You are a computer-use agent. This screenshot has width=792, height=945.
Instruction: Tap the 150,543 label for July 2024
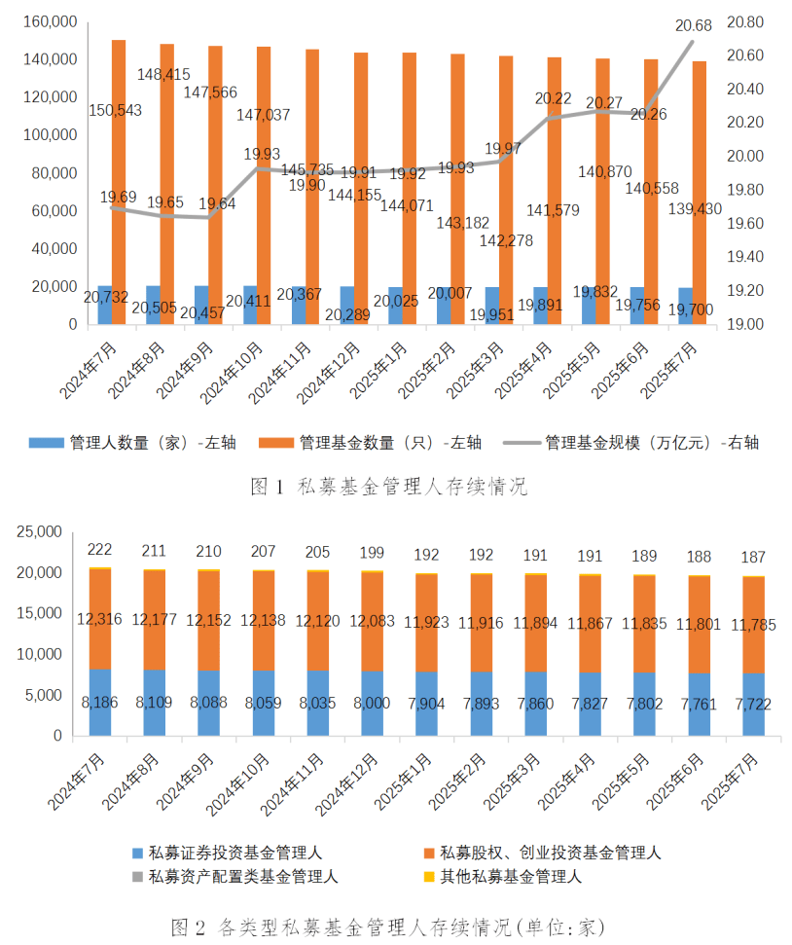pos(114,110)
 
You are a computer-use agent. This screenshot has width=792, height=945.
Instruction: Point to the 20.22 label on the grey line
pos(553,98)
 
